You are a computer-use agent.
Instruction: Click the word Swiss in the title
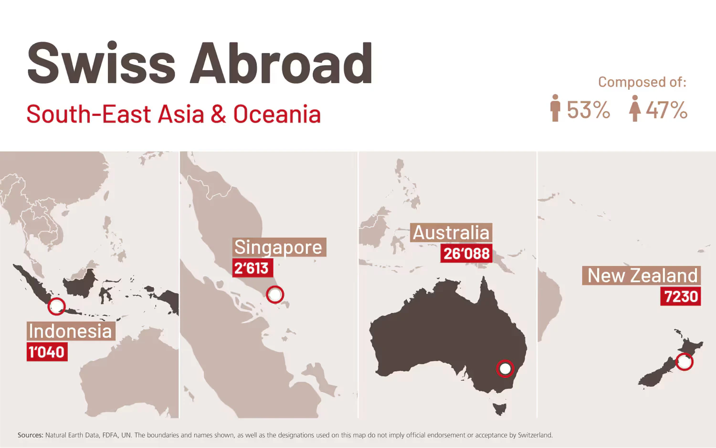101,63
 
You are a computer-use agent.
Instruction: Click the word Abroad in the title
281,63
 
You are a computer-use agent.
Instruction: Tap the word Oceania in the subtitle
277,115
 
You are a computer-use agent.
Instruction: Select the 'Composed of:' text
642,82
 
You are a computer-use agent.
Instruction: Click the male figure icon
555,108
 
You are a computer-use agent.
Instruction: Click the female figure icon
634,109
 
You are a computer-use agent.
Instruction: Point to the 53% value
588,110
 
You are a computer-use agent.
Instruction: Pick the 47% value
666,110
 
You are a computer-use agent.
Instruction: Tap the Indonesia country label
71,331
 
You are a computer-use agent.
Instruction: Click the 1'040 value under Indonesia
47,352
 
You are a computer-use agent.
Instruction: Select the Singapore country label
279,247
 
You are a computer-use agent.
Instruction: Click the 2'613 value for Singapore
252,268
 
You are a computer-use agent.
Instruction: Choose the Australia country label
451,233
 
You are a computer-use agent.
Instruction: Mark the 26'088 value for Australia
466,253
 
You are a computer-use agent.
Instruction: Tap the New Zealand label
642,276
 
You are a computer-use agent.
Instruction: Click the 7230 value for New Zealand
681,296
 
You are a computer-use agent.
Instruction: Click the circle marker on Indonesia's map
57,306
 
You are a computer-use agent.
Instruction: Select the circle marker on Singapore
275,294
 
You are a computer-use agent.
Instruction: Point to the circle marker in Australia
505,369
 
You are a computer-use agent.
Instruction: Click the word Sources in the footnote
30,435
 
